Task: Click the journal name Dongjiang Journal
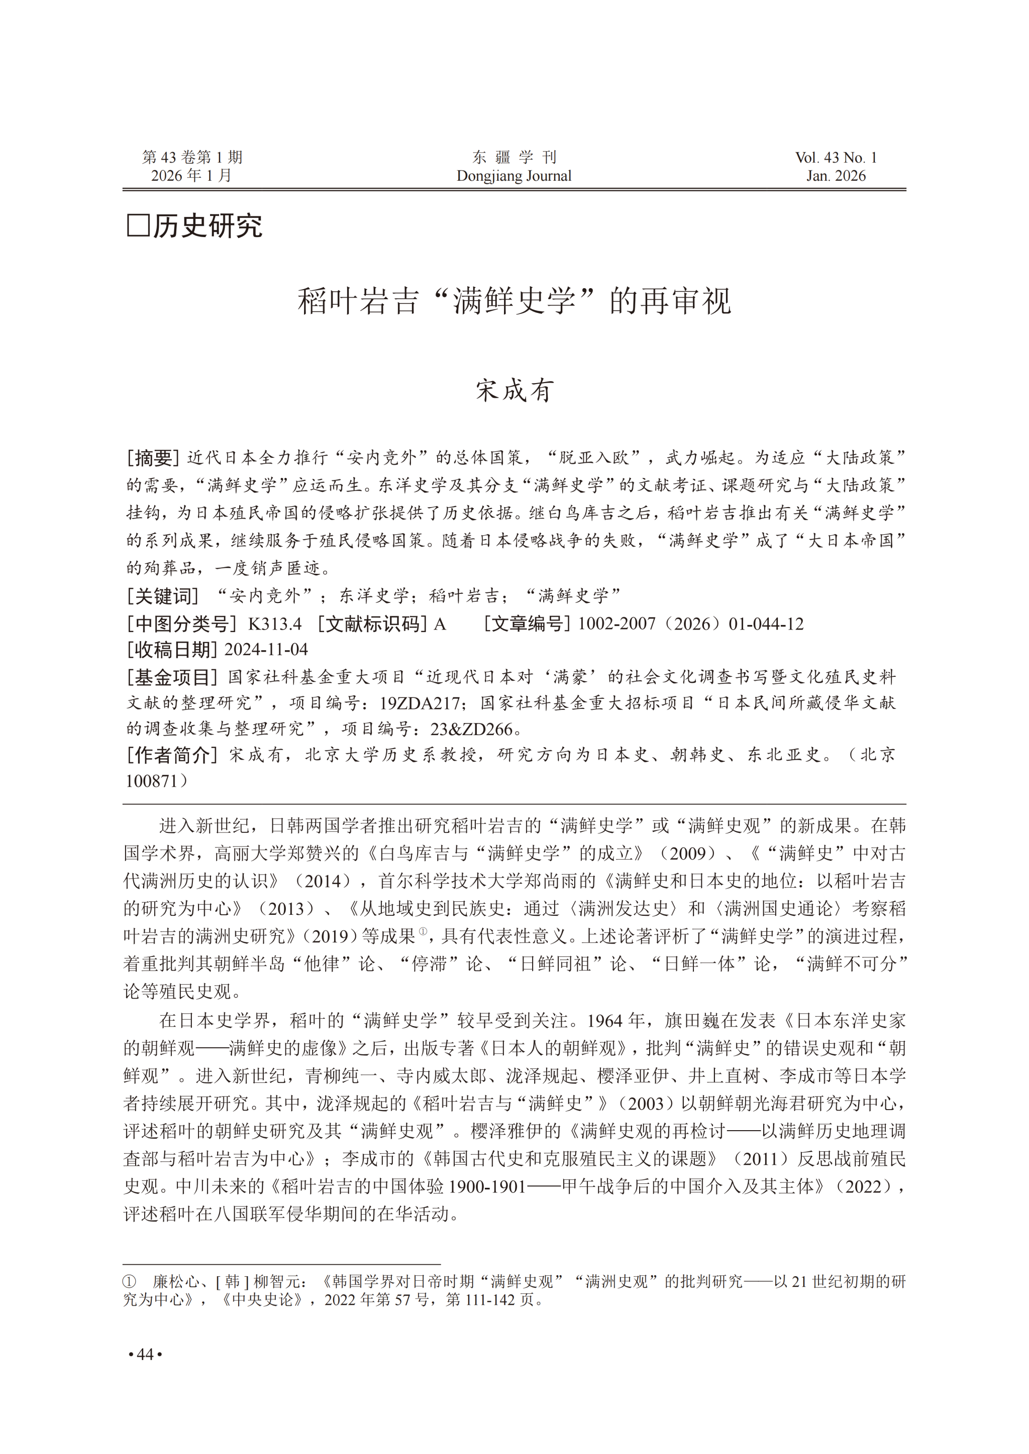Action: coord(514,176)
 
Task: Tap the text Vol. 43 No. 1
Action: coord(836,158)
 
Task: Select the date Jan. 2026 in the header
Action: coord(836,176)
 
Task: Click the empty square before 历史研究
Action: coord(138,226)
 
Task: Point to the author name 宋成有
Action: coord(514,390)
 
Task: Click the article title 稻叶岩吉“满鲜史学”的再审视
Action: coord(514,301)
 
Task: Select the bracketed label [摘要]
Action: coord(153,458)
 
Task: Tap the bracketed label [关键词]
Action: coord(162,596)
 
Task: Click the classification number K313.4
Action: coord(274,624)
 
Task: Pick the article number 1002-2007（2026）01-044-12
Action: coord(691,624)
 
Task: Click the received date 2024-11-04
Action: coord(266,650)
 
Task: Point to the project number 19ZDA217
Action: coord(420,703)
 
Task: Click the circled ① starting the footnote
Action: coord(129,1282)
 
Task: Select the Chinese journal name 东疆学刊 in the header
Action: coord(514,157)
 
